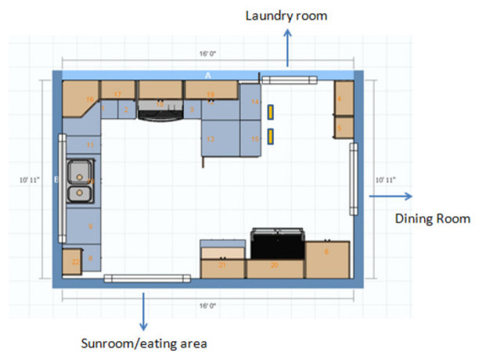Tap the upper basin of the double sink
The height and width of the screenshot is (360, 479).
click(x=79, y=171)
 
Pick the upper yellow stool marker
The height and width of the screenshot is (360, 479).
click(x=270, y=112)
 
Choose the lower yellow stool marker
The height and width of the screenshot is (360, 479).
click(x=270, y=138)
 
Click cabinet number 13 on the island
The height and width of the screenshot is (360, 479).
click(x=211, y=139)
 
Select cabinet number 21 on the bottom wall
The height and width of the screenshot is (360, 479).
click(x=223, y=265)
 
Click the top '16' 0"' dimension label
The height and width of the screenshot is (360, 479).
click(x=207, y=56)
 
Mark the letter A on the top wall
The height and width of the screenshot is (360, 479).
click(x=208, y=75)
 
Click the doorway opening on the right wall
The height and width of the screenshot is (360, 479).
click(x=354, y=179)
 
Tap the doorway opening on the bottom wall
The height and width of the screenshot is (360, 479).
click(x=148, y=279)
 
